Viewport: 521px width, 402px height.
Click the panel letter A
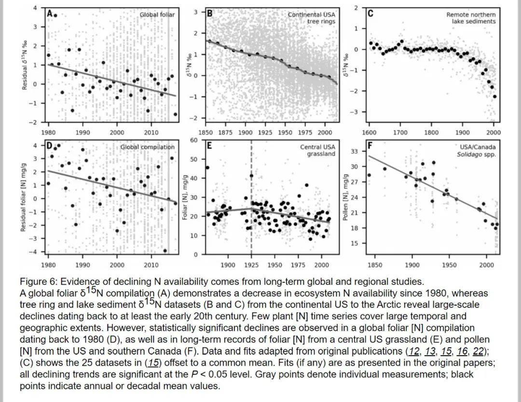click(x=49, y=14)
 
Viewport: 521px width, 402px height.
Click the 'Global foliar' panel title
click(x=157, y=15)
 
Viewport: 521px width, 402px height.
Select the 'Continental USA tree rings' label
click(x=311, y=18)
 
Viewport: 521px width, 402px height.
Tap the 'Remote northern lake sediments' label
click(x=471, y=18)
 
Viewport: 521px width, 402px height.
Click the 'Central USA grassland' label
click(x=317, y=150)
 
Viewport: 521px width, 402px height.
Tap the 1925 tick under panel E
click(x=251, y=265)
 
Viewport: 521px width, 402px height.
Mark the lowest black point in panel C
click(x=494, y=97)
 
